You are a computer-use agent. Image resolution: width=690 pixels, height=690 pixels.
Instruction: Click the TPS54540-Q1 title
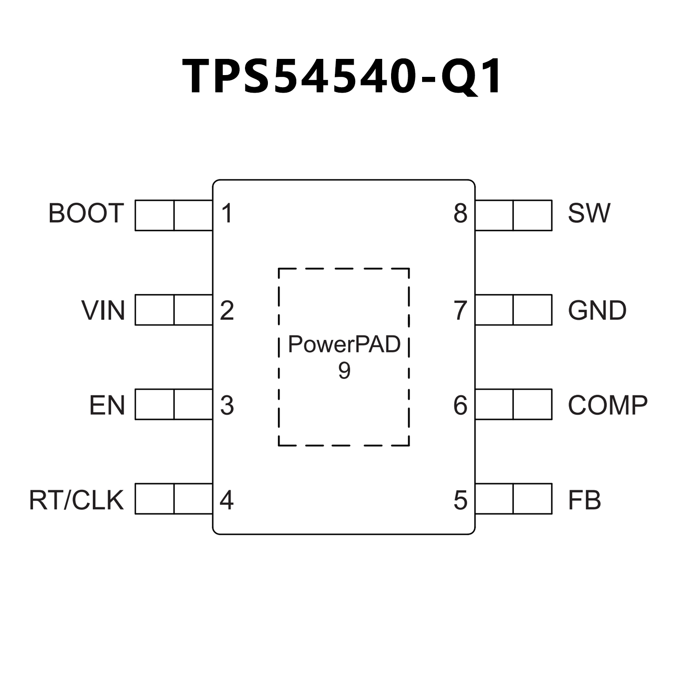click(343, 76)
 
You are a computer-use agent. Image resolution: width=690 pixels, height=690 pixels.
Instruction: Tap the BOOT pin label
click(86, 214)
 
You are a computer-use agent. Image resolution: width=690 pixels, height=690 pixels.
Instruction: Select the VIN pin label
click(103, 310)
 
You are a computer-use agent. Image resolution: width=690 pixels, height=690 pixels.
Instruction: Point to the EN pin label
click(107, 405)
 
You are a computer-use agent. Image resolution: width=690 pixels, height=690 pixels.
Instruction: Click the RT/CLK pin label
click(76, 500)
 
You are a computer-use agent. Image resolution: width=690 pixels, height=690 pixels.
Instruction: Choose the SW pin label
click(589, 214)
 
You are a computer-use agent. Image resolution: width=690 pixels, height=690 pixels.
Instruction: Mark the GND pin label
click(597, 310)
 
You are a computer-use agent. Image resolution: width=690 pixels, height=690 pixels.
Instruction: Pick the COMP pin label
click(607, 405)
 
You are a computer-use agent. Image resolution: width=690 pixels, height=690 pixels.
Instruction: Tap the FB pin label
click(584, 500)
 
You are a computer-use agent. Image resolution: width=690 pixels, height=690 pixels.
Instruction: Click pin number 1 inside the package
click(227, 214)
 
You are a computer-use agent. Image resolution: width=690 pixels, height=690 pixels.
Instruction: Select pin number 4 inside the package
click(227, 500)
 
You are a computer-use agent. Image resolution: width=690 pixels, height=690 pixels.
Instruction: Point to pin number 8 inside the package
click(460, 214)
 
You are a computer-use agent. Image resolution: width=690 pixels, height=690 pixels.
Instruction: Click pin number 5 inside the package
click(460, 500)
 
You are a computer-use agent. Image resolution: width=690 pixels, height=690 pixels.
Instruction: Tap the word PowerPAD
click(344, 344)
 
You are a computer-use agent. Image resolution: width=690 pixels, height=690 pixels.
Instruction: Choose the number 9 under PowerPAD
click(344, 371)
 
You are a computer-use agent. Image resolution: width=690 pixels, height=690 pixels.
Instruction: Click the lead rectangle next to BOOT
click(174, 215)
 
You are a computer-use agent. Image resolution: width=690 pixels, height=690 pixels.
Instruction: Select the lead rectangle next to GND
click(513, 310)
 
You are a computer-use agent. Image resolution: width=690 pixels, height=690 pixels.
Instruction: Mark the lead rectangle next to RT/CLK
click(174, 499)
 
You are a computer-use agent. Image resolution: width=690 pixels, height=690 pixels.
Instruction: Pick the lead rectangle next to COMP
click(513, 404)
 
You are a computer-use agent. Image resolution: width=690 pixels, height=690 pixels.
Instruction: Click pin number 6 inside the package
click(460, 405)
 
